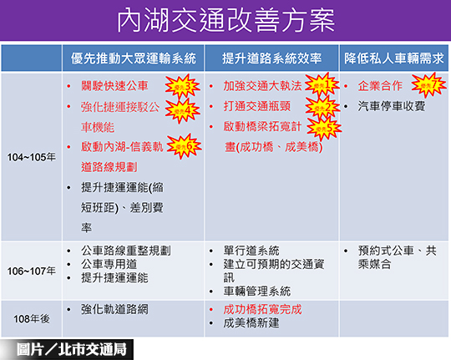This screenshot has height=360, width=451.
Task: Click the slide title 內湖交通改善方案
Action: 225,19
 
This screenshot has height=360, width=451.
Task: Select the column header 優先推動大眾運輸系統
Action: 133,58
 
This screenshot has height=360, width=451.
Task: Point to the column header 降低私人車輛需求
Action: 394,58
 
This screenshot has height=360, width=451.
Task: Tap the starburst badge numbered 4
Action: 185,109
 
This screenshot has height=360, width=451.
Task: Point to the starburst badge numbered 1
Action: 321,85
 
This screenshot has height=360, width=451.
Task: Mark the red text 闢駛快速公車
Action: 115,86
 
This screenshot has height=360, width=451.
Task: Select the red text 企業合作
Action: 380,86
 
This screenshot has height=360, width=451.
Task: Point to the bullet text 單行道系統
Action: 251,250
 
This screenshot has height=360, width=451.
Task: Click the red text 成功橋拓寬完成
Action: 262,308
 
